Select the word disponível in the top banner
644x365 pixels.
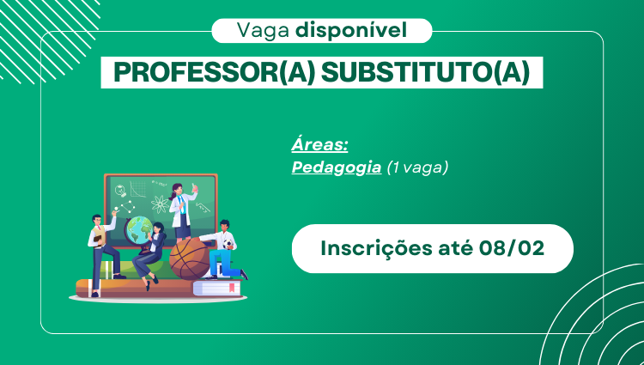pos(351,31)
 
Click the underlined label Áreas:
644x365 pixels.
pos(319,145)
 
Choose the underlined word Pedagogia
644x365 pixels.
pos(337,167)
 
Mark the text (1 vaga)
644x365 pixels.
pos(417,167)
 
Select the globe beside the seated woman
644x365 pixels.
pos(137,229)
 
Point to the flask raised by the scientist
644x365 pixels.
pos(195,187)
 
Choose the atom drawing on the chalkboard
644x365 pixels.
pos(161,205)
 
